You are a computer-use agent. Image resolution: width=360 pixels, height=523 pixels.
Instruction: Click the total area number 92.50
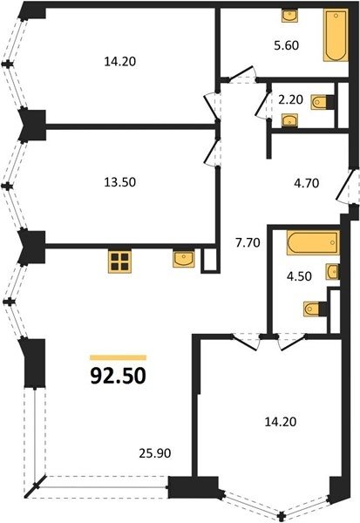[118, 376]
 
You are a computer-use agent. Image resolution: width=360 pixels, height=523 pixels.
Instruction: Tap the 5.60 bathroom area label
[286, 45]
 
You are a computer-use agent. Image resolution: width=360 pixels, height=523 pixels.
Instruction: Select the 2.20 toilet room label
[291, 99]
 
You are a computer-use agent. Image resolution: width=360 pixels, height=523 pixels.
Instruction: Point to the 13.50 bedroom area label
[120, 182]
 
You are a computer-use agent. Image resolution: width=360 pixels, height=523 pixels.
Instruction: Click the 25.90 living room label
[155, 453]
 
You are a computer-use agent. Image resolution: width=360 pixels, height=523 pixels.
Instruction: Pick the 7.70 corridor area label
[248, 243]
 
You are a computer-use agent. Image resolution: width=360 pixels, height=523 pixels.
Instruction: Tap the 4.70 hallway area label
[307, 183]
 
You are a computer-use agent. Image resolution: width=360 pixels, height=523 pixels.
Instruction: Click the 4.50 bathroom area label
[300, 276]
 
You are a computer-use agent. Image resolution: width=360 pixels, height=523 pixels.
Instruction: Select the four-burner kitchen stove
[119, 261]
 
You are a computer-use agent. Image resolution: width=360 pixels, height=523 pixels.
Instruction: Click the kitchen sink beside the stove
[184, 259]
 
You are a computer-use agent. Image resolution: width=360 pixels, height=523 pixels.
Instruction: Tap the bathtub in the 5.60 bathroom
[336, 36]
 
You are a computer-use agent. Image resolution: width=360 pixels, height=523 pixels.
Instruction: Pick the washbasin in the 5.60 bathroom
[290, 16]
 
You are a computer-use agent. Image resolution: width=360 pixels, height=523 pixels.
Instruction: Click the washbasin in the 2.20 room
[290, 120]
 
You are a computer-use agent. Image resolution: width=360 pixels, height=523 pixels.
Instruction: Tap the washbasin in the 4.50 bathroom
[333, 272]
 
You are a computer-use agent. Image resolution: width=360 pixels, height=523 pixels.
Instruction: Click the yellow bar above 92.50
[118, 358]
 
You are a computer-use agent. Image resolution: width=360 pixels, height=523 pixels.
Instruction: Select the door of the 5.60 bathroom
[242, 74]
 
